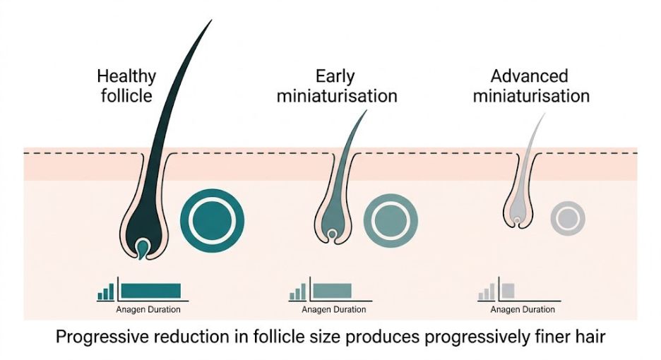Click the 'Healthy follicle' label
click(x=126, y=85)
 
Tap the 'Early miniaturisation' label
click(x=336, y=85)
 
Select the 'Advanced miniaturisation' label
click(x=530, y=85)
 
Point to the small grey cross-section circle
click(x=567, y=219)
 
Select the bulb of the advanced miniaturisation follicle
click(x=518, y=222)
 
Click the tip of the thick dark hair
click(x=210, y=21)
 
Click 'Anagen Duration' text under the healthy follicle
click(x=148, y=309)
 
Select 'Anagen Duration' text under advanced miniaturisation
click(x=523, y=309)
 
